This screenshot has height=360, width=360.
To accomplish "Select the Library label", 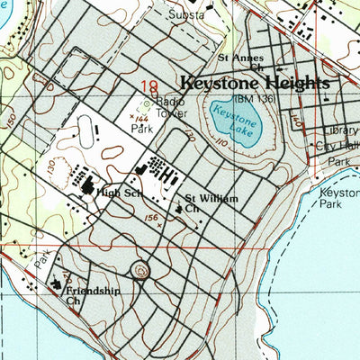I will tap(340, 130).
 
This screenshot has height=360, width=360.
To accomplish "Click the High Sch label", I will tap(121, 192).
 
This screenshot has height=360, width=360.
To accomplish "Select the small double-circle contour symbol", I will tap(139, 269).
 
